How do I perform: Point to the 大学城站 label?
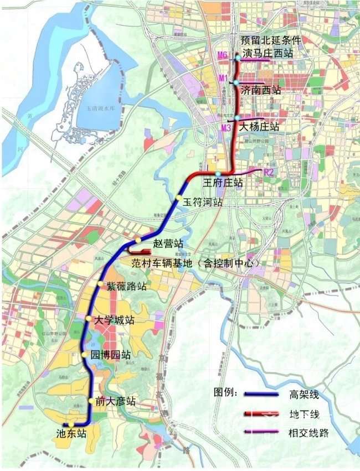[114, 320]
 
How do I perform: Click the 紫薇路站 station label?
[127, 286]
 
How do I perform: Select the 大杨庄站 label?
[259, 127]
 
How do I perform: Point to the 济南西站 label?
[260, 89]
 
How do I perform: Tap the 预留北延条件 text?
[271, 41]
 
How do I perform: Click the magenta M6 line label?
[223, 55]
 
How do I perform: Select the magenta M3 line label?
[225, 128]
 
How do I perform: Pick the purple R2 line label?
[269, 173]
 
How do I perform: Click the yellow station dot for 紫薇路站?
[100, 284]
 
